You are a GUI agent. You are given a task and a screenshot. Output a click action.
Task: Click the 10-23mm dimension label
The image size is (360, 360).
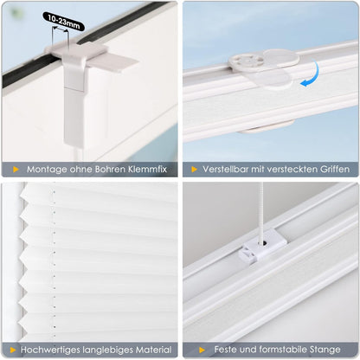(x=63, y=22)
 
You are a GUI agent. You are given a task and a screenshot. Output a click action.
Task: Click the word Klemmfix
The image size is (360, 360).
(x=147, y=169)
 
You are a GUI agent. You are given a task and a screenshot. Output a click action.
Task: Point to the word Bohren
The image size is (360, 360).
(x=110, y=169)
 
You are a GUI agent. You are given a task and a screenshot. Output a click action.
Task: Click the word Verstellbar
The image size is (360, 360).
(x=225, y=169)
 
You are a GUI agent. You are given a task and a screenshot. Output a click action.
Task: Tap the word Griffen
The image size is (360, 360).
(x=335, y=169)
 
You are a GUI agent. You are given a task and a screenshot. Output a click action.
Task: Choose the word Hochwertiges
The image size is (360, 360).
(x=50, y=350)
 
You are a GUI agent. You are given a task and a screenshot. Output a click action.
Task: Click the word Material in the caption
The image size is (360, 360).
(x=153, y=350)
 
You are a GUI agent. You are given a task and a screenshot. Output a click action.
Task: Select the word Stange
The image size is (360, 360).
(x=325, y=350)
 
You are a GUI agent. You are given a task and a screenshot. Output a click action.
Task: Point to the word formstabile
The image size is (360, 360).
(x=283, y=350)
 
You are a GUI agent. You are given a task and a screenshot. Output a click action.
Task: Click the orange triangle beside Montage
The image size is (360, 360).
(x=16, y=170)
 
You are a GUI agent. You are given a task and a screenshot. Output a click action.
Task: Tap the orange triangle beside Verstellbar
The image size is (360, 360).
(x=194, y=170)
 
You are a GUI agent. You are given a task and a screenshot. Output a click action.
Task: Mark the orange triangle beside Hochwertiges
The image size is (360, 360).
(x=13, y=350)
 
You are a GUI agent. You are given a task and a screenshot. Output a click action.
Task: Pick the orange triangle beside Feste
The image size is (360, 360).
(x=202, y=350)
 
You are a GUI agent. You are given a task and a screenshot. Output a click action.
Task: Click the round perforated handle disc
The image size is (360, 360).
(x=247, y=61)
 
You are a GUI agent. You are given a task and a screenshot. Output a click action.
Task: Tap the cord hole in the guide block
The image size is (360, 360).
(x=264, y=244)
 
